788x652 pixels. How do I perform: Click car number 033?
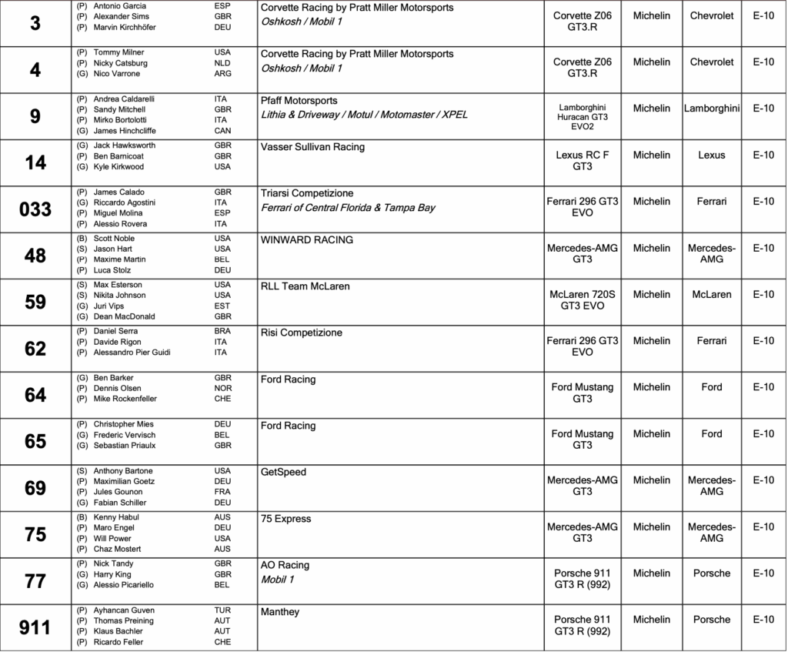[35, 209]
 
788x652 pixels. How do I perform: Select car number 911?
[35, 627]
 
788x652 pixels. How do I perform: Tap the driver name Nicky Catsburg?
[120, 63]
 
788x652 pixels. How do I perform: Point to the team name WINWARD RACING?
[307, 240]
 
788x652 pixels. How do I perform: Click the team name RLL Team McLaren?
[306, 286]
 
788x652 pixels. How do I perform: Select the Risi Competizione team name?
[302, 333]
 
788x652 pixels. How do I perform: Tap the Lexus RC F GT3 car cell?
[583, 160]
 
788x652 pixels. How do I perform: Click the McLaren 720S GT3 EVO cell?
[583, 299]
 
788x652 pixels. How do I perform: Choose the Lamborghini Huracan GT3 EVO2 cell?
[583, 114]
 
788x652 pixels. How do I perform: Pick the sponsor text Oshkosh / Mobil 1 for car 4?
[302, 69]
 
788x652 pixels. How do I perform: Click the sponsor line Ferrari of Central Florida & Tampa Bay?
[349, 208]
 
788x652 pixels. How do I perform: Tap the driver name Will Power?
[112, 539]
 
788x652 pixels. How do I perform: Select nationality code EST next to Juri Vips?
[222, 306]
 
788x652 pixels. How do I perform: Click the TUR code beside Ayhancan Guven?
[222, 610]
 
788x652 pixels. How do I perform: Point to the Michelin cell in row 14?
[652, 155]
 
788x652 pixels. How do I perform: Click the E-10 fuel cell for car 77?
[763, 573]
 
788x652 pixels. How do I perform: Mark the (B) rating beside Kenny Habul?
[81, 517]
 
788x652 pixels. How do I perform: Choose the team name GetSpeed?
[283, 473]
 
